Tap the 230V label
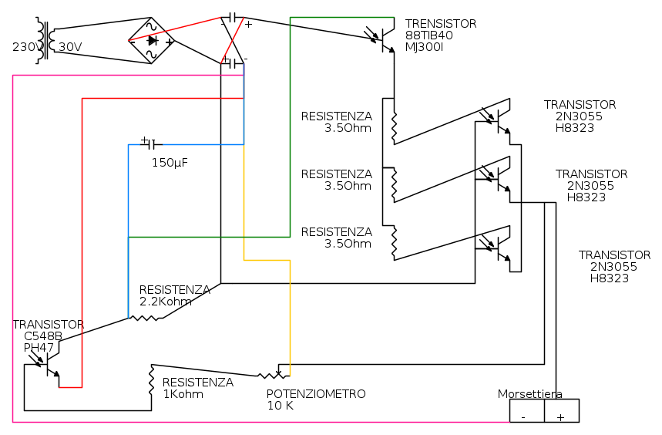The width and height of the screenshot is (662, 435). coord(27,47)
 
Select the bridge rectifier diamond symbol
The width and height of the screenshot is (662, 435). coord(151,41)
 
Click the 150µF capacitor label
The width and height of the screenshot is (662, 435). coord(170,163)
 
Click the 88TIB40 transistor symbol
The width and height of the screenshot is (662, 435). coord(385,39)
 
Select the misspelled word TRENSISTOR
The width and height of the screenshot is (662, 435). coord(441,24)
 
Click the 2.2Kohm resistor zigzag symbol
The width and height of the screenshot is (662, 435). coord(146,316)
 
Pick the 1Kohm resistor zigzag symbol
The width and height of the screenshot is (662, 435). coord(152,381)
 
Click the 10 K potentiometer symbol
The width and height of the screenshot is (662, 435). coord(273,375)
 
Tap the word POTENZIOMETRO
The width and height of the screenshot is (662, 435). coord(316,394)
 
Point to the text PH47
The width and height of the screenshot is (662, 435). coord(39,348)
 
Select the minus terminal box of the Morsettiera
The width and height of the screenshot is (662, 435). coord(526,411)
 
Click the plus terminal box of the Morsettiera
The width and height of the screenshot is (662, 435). coord(561,411)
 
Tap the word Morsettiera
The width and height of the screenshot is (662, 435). coord(529,394)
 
